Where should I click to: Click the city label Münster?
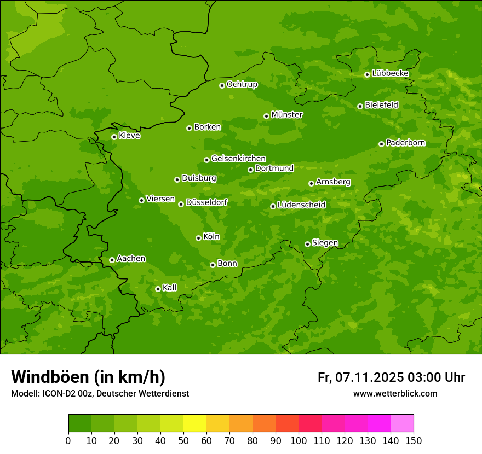click(287, 115)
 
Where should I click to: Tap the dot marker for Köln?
click(198, 238)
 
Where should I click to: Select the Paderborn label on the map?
click(406, 143)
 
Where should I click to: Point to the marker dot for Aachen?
click(112, 260)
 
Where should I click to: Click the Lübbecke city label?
click(390, 73)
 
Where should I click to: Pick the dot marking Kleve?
click(114, 137)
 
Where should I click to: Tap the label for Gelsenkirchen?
click(238, 159)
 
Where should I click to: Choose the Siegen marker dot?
click(307, 244)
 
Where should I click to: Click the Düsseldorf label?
click(206, 202)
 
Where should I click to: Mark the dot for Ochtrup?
click(222, 85)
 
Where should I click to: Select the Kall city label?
click(170, 288)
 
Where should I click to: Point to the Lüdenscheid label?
click(301, 205)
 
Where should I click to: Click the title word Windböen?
click(50, 377)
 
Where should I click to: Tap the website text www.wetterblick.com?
click(395, 393)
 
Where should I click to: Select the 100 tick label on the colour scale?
click(299, 441)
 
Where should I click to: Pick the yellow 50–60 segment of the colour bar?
click(195, 423)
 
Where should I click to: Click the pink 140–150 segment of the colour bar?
click(402, 423)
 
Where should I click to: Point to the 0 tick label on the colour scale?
click(68, 441)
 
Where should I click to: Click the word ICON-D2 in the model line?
click(56, 394)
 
